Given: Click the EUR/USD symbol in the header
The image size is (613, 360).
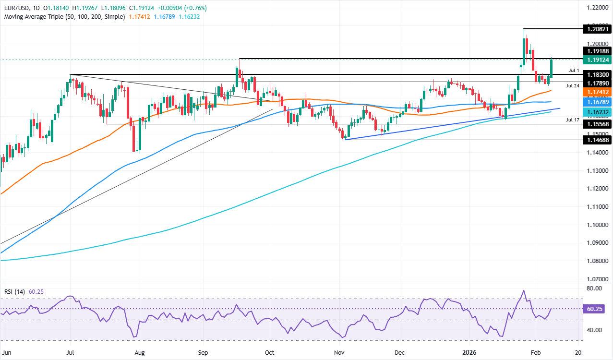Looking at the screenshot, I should click(17, 8).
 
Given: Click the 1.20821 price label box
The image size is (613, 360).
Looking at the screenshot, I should click(597, 29).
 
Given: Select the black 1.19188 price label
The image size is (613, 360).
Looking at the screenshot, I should click(597, 51).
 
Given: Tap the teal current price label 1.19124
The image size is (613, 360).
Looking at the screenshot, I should click(597, 60).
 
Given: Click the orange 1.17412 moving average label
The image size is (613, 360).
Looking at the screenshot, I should click(597, 92).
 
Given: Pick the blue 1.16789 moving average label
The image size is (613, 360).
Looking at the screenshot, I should click(597, 102).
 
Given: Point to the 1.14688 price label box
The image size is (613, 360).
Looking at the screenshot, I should click(597, 140).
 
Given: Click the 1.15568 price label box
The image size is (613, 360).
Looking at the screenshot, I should click(597, 124).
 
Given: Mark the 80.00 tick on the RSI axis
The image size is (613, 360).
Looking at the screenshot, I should click(593, 288).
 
